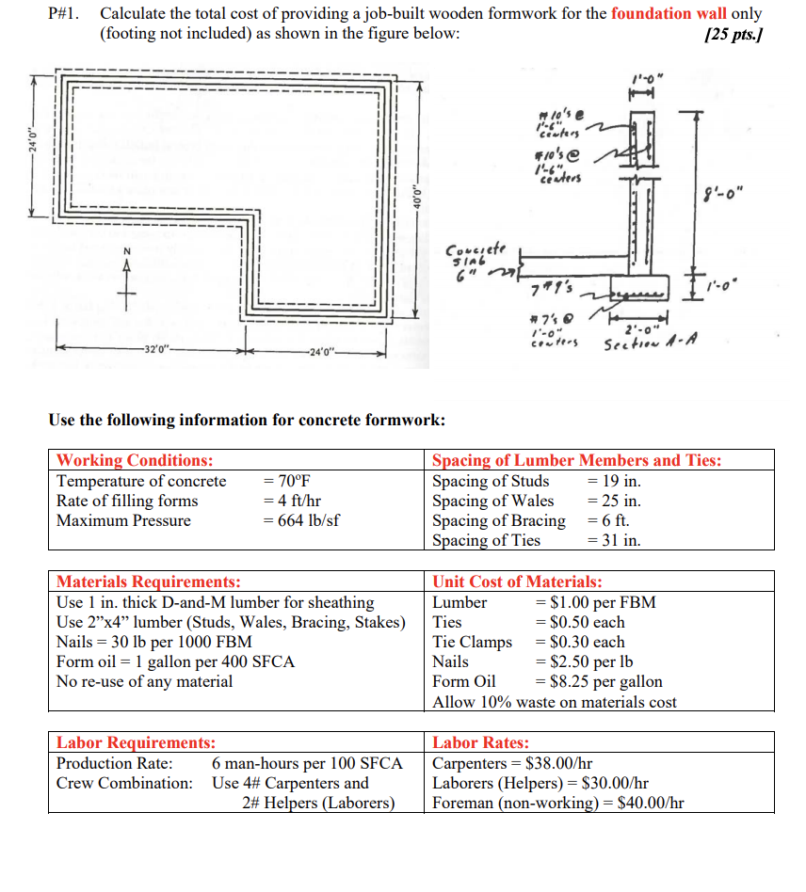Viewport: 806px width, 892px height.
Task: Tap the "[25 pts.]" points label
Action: tap(733, 35)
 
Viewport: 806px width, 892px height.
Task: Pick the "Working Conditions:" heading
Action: tap(135, 460)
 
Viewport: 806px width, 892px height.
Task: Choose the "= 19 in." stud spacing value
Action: tap(613, 481)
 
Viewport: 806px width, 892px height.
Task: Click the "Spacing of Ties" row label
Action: tap(486, 540)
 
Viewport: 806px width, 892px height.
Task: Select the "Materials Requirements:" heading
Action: tap(149, 581)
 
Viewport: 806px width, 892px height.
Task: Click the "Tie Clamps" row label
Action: tap(472, 642)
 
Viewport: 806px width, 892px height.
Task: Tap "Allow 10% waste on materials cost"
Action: tap(554, 702)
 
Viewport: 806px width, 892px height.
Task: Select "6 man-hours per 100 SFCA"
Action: tap(307, 763)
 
